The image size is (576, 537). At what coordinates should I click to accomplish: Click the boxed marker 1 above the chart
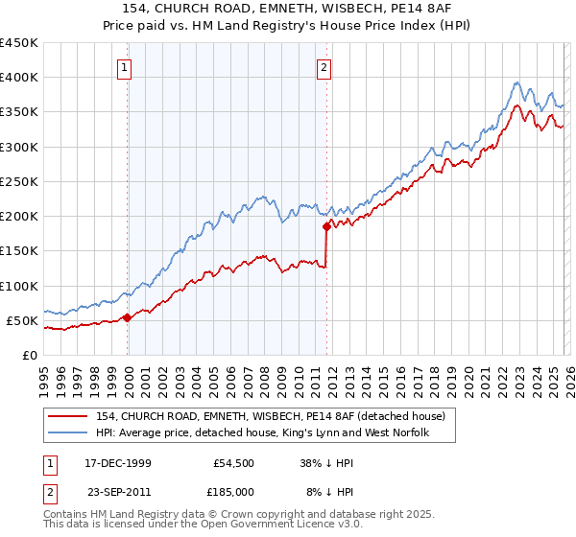click(126, 67)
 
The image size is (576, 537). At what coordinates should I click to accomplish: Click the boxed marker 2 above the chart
click(324, 67)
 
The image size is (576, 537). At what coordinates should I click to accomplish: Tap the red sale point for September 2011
click(326, 226)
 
